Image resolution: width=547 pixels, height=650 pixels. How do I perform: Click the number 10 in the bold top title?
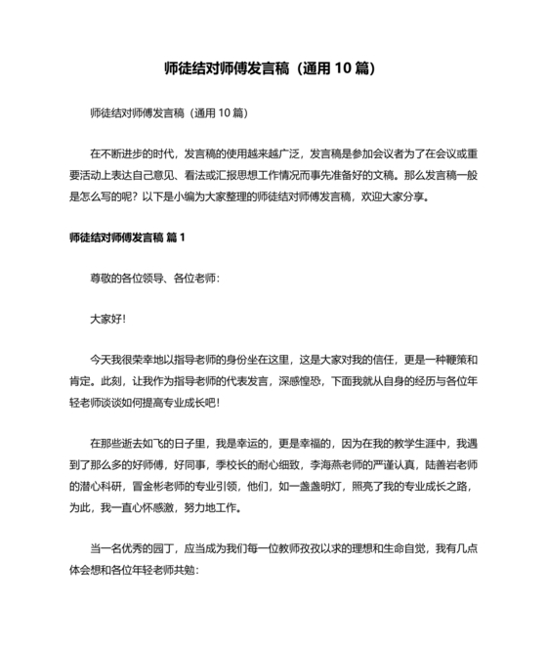[328, 69]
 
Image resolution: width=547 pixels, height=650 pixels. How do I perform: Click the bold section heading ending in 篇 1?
[127, 238]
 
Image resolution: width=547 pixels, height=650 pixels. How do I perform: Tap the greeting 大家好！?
[107, 319]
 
